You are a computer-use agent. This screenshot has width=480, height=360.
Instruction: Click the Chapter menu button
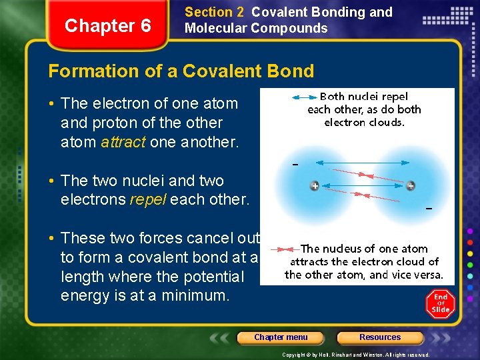pyautogui.click(x=281, y=337)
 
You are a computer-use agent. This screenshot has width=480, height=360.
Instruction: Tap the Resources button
pyautogui.click(x=380, y=337)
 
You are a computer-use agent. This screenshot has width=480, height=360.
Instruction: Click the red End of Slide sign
pyautogui.click(x=440, y=304)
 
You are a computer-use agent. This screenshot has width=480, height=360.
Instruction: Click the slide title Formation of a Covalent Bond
pyautogui.click(x=181, y=71)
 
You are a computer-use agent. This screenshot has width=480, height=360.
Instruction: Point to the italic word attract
pyautogui.click(x=123, y=142)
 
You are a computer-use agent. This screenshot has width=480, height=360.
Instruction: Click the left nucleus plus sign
pyautogui.click(x=314, y=185)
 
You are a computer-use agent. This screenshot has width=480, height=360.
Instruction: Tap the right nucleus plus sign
pyautogui.click(x=411, y=185)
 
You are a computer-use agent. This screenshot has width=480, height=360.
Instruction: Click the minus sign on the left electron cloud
pyautogui.click(x=295, y=164)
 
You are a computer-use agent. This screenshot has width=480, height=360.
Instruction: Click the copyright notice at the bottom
pyautogui.click(x=355, y=355)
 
